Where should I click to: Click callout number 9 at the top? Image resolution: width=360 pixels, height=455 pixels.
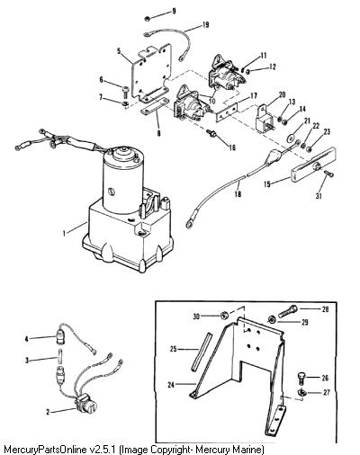coord(174,12)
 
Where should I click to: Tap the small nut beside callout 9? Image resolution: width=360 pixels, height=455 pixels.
coord(148,18)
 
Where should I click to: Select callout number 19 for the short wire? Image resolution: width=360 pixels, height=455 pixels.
coord(205,24)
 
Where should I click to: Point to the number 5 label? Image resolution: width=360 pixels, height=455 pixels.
coord(119,50)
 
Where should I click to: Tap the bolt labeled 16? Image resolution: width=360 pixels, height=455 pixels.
coord(211,133)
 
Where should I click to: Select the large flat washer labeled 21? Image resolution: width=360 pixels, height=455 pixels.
coord(291,138)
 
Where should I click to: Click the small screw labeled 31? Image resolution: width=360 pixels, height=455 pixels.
coord(328,174)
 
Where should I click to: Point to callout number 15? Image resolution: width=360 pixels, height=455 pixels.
coord(267,183)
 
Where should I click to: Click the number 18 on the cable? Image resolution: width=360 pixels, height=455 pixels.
coord(238,194)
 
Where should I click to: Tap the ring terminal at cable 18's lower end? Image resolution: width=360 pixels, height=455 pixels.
coord(190,224)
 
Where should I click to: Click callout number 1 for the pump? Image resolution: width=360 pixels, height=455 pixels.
coord(64,233)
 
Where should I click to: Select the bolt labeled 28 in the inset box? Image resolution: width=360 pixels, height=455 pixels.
coord(288,311)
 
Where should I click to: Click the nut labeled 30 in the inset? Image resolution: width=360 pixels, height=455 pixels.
coord(224,316)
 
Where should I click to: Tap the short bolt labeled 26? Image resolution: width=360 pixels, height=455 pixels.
coord(301,378)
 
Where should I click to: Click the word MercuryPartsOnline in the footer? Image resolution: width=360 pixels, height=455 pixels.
coord(46,450)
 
